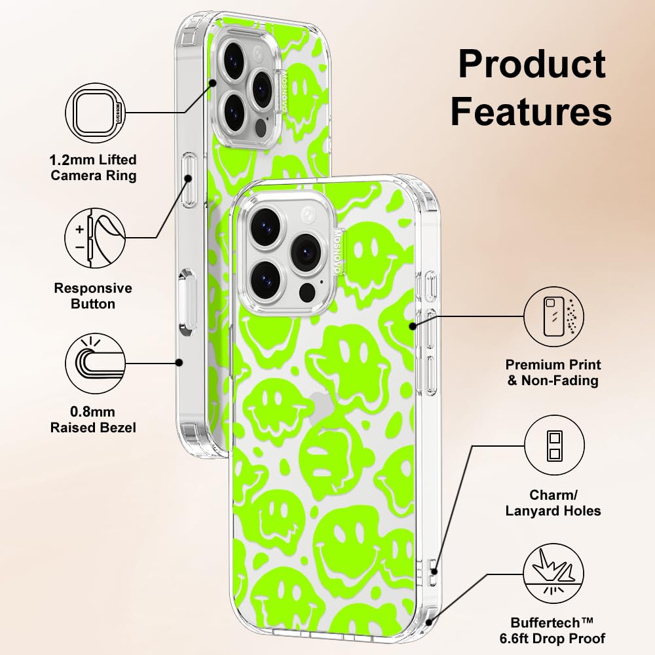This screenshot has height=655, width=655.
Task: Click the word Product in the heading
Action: click(531, 64)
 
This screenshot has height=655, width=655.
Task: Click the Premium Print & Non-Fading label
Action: click(553, 373)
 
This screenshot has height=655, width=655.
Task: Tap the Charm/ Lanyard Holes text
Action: click(553, 502)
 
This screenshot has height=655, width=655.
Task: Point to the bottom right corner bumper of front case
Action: click(427, 622)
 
